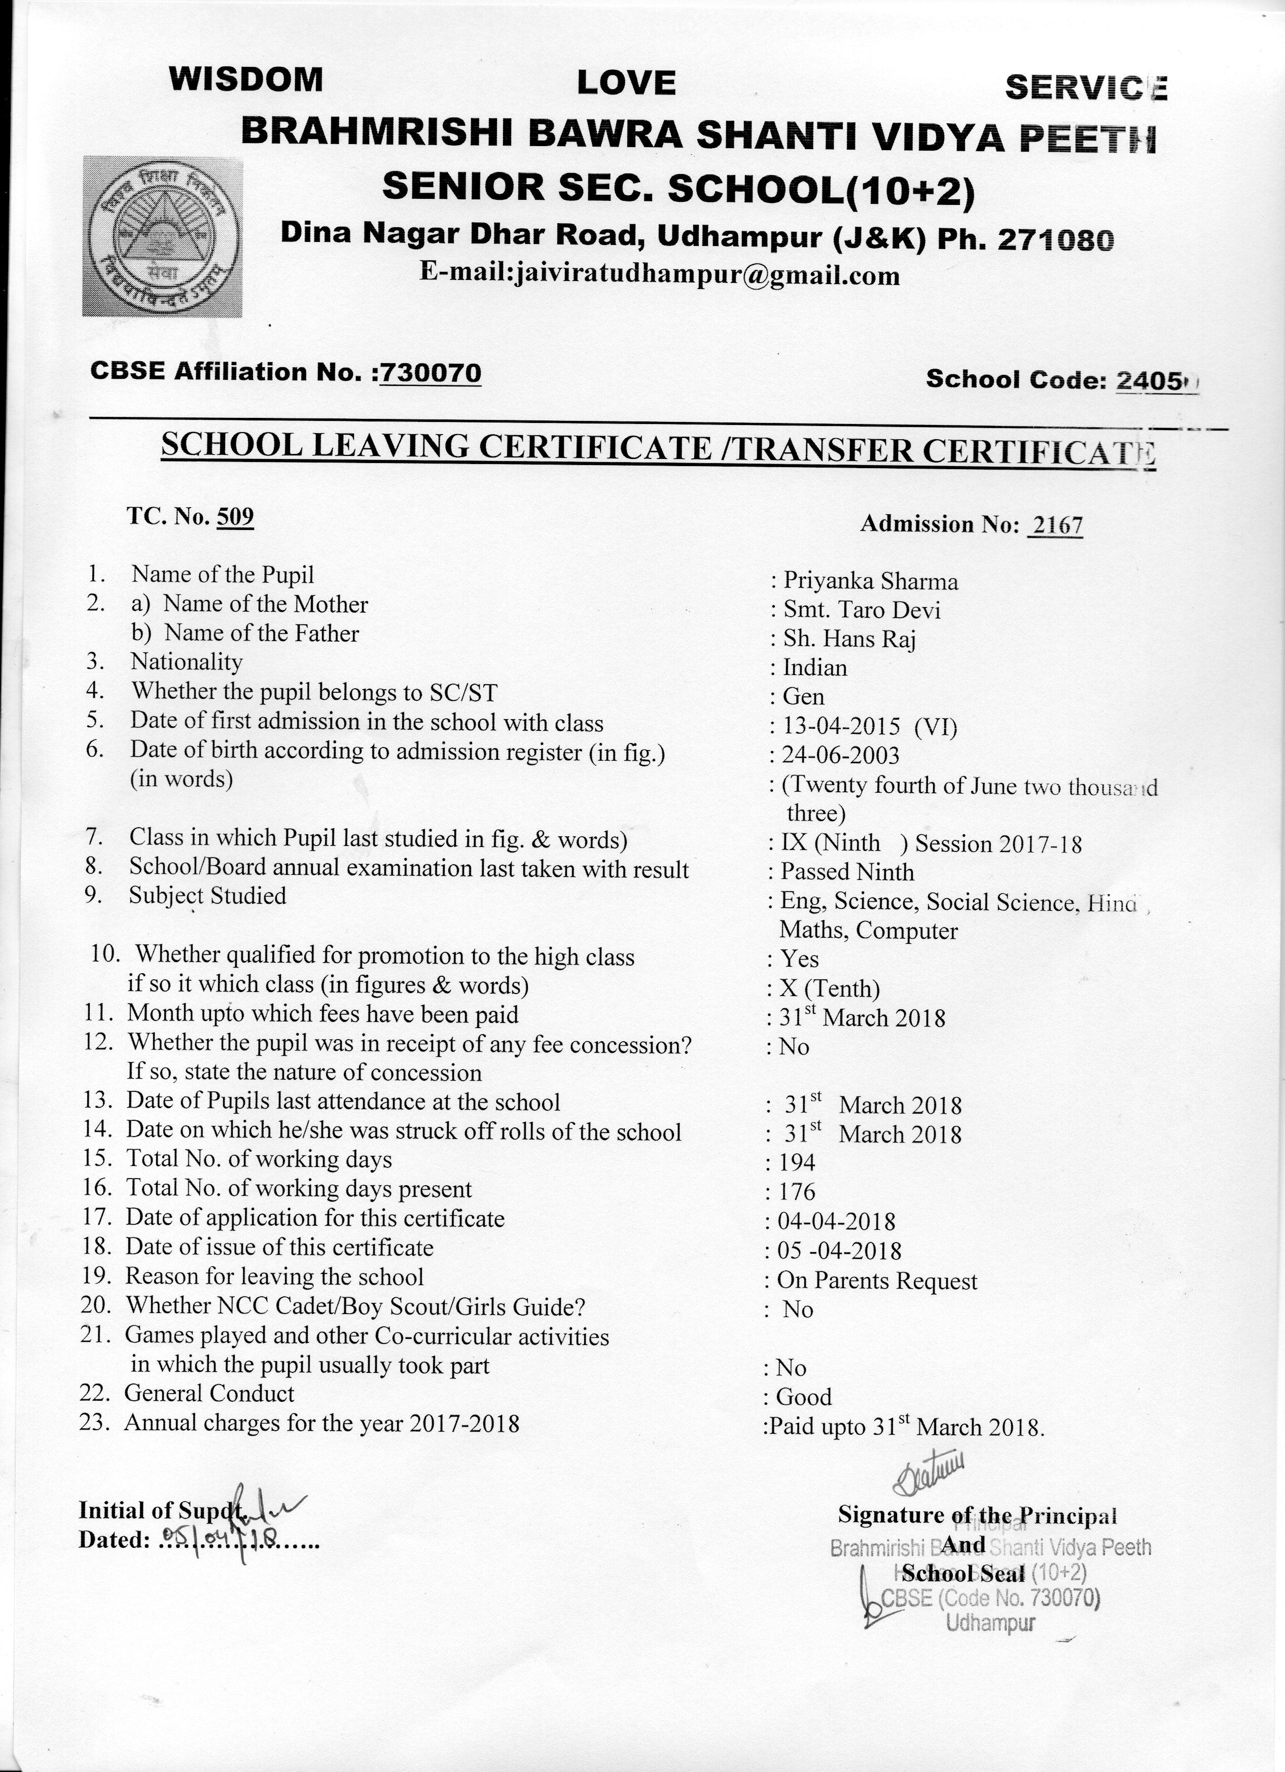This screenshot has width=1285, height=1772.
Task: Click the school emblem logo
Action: coord(162,236)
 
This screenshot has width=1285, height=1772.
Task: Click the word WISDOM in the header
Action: coord(245,79)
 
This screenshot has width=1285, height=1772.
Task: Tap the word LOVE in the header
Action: coord(626,83)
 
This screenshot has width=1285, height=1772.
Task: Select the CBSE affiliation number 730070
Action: coord(431,373)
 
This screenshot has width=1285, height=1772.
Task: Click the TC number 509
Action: coord(235,516)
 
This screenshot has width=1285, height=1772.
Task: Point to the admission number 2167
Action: coord(1056,524)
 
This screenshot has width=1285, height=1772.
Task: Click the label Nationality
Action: coord(187,662)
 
